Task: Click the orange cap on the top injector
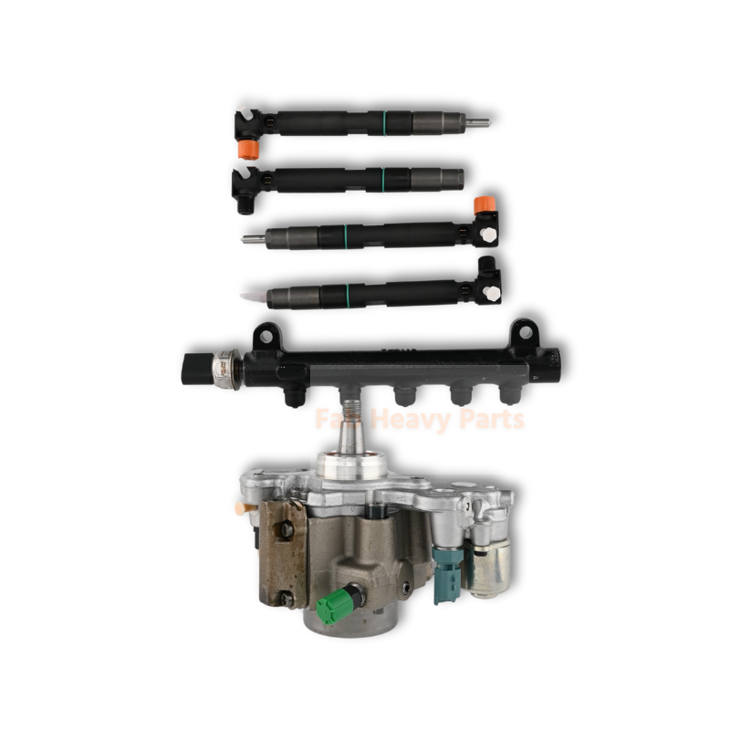click(245, 149)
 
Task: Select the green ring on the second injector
click(383, 178)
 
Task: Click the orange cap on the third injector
click(485, 203)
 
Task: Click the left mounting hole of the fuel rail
click(265, 335)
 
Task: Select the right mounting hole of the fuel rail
click(523, 334)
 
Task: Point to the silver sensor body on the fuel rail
click(223, 368)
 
